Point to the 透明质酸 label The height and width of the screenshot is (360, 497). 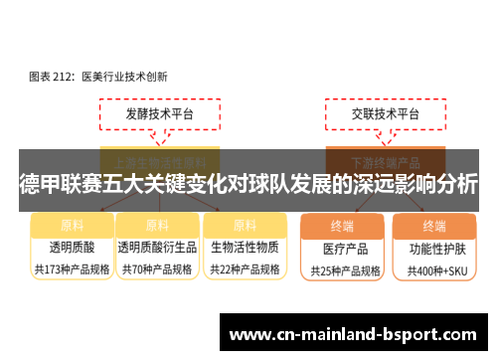pyautogui.click(x=72, y=248)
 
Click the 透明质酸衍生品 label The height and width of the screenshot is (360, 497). pyautogui.click(x=156, y=248)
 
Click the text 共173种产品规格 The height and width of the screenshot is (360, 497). pyautogui.click(x=72, y=270)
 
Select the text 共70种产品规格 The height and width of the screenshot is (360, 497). pyautogui.click(x=156, y=270)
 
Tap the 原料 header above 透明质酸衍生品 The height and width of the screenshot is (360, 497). pyautogui.click(x=156, y=225)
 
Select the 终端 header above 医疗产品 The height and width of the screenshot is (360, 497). pyautogui.click(x=345, y=225)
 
